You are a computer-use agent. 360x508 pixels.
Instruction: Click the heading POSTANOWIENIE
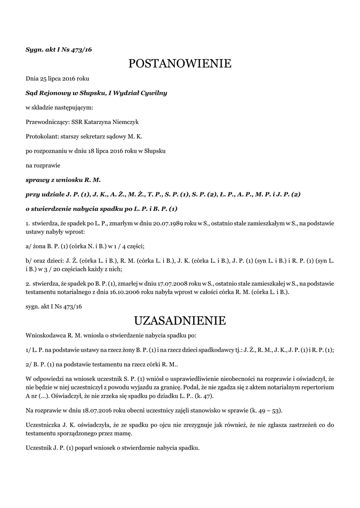click(180, 63)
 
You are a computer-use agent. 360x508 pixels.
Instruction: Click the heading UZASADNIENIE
click(180, 320)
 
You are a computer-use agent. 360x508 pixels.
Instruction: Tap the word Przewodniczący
click(47, 122)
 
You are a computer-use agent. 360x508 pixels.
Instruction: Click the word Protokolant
click(42, 136)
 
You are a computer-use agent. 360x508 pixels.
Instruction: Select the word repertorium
click(315, 386)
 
